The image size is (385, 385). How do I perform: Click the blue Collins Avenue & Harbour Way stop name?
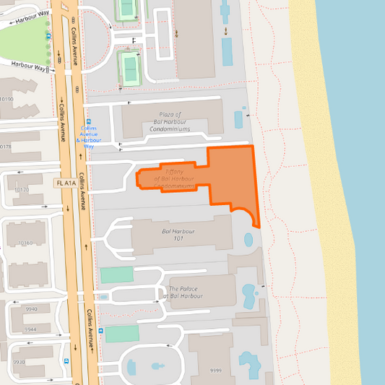tap(89, 137)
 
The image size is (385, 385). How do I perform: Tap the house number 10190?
tap(7, 99)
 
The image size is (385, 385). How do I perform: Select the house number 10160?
tap(26, 243)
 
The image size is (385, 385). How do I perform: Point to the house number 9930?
tap(18, 363)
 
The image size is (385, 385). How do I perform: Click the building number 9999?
tap(216, 371)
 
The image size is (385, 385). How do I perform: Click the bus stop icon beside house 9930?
tap(66, 361)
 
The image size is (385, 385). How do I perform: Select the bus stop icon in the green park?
tap(48, 35)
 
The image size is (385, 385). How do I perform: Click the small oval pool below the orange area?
tap(249, 239)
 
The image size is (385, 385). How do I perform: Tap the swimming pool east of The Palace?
tap(249, 293)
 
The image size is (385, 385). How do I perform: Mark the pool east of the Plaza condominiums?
tap(239, 118)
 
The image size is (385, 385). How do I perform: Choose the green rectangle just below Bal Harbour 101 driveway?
tap(116, 274)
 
